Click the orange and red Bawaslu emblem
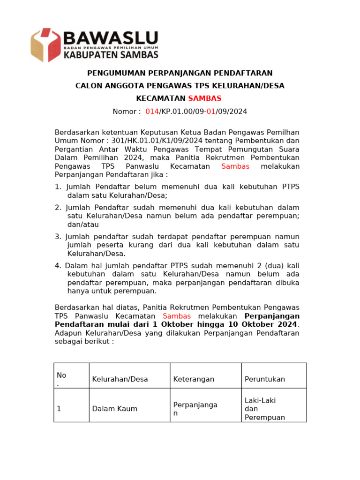coord(45,45)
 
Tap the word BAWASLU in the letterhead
coord(110,38)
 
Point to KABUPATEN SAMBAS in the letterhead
coord(110,55)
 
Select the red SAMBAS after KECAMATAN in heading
coord(204,98)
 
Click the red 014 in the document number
coord(152,112)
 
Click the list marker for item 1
coord(58,187)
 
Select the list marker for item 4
coord(58,266)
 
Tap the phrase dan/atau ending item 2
coord(83,225)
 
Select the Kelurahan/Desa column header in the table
coord(120,379)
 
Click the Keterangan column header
coord(194,379)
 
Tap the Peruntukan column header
coord(265,379)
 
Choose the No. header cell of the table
coord(61,379)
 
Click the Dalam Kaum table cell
coord(115,409)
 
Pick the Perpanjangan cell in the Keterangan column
coord(195,409)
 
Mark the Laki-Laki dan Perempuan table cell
coord(265,409)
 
